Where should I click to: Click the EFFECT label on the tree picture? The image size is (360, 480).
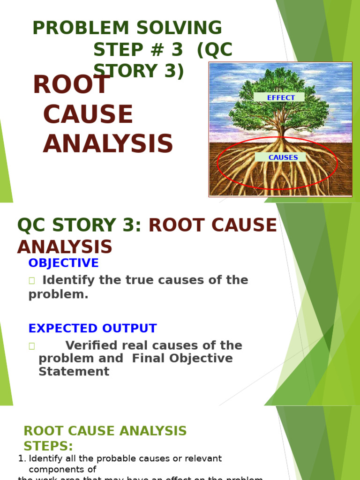pyautogui.click(x=281, y=97)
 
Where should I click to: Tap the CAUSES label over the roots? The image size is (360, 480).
pyautogui.click(x=283, y=157)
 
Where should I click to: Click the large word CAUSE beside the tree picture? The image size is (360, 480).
pyautogui.click(x=88, y=115)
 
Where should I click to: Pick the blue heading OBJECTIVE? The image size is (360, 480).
pyautogui.click(x=63, y=263)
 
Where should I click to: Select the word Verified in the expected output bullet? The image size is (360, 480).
pyautogui.click(x=92, y=346)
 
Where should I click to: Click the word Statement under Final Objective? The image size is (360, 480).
pyautogui.click(x=74, y=372)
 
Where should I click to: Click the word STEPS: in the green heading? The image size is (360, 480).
pyautogui.click(x=48, y=446)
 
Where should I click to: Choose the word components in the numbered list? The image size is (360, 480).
pyautogui.click(x=62, y=470)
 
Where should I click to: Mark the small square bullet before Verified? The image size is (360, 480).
pyautogui.click(x=32, y=346)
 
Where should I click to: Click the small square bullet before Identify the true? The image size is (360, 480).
pyautogui.click(x=32, y=281)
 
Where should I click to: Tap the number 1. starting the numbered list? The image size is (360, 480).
pyautogui.click(x=22, y=458)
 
